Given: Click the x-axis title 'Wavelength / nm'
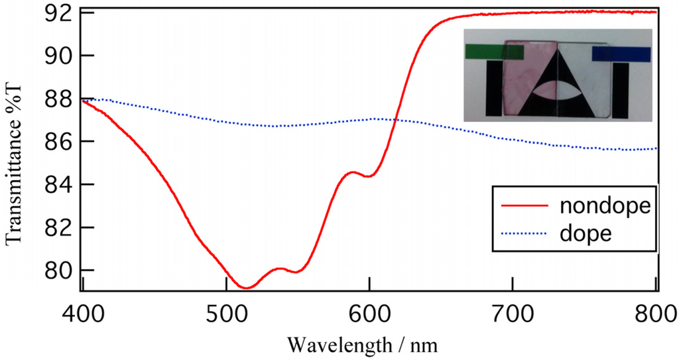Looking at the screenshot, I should click(x=363, y=344).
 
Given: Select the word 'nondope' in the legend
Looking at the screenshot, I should click(x=603, y=205).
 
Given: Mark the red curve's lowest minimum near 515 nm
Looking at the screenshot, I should click(x=246, y=288).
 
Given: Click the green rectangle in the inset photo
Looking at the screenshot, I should click(x=485, y=52).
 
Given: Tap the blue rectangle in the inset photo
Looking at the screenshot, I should click(x=621, y=54).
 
